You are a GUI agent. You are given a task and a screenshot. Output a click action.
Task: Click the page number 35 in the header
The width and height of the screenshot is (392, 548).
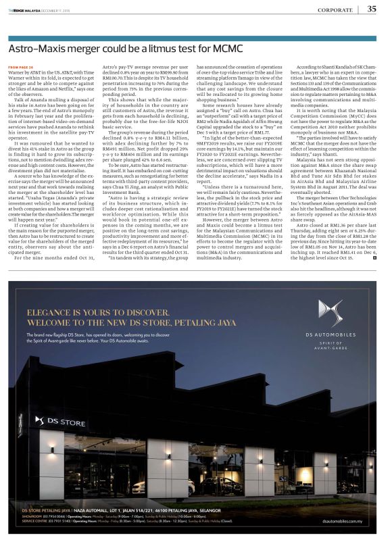tap(372, 9)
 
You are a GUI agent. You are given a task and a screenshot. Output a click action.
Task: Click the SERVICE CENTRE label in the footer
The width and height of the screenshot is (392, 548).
tap(36, 521)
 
